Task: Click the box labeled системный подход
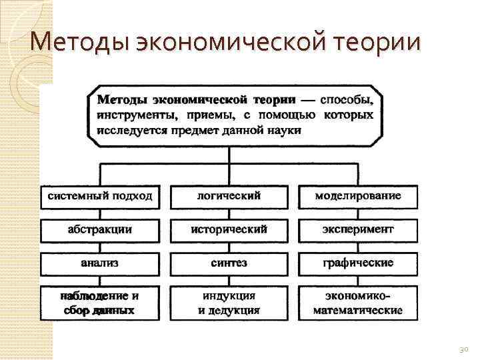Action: (101, 196)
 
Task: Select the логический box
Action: (229, 196)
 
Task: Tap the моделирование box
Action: (358, 196)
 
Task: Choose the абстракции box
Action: (101, 229)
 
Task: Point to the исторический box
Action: (229, 229)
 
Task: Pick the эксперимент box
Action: (358, 229)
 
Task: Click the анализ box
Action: (101, 263)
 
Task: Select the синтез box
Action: (229, 263)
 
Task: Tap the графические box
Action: (358, 263)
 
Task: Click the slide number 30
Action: (465, 349)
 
